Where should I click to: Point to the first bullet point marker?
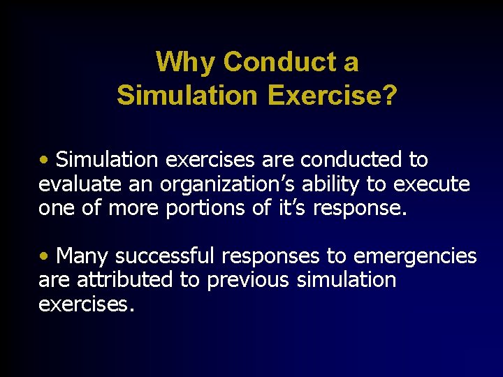44,160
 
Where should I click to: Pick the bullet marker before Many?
44,257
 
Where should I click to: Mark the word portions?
203,208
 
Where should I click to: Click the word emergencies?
415,256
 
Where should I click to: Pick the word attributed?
114,280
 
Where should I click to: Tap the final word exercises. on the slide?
86,304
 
